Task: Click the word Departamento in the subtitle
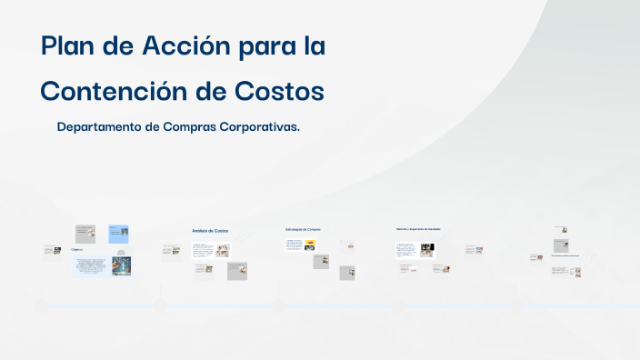pos(99,127)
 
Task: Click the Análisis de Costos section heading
pos(210,231)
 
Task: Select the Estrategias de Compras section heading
pos(303,229)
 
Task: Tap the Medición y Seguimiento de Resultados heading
pos(418,229)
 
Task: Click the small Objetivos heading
pos(77,248)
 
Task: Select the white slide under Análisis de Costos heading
pos(211,250)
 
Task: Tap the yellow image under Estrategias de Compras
pos(310,244)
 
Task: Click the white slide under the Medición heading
pos(415,249)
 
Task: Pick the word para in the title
pos(268,47)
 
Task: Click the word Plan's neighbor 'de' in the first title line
pos(119,47)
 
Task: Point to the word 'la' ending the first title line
pos(314,47)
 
